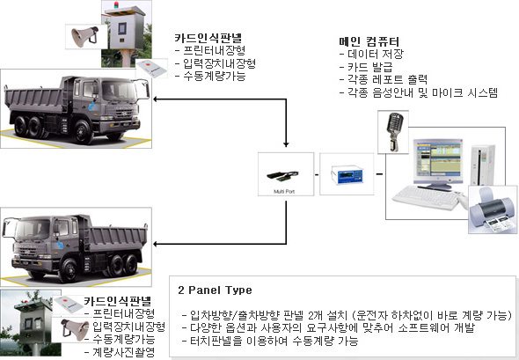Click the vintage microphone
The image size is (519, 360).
pyautogui.click(x=394, y=132)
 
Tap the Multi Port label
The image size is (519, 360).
pyautogui.click(x=284, y=191)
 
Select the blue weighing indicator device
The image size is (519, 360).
pyautogui.click(x=347, y=174)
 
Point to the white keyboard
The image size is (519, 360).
pyautogui.click(x=427, y=198)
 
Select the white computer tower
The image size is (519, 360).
pyautogui.click(x=483, y=165)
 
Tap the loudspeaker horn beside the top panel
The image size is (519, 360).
pyautogui.click(x=85, y=35)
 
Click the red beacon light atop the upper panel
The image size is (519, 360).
pyautogui.click(x=116, y=5)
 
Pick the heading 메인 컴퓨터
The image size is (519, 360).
pyautogui.click(x=369, y=41)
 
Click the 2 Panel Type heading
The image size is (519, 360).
pyautogui.click(x=215, y=290)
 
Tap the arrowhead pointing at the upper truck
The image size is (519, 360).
pyautogui.click(x=156, y=99)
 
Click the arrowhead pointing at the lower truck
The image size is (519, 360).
pyautogui.click(x=156, y=244)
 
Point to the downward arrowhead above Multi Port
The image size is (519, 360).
pyautogui.click(x=286, y=144)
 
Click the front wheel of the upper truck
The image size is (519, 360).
pyautogui.click(x=83, y=131)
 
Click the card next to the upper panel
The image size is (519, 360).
pyautogui.click(x=152, y=69)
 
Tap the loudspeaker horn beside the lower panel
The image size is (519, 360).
pyautogui.click(x=75, y=329)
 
